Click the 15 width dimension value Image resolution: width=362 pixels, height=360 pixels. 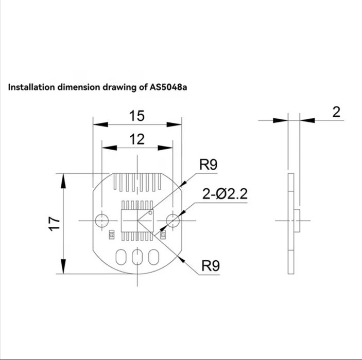[x=136, y=116]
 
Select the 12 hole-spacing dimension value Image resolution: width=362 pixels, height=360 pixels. [x=136, y=139]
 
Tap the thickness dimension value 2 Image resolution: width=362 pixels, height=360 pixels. [x=336, y=112]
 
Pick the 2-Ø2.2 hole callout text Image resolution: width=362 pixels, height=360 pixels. [x=225, y=194]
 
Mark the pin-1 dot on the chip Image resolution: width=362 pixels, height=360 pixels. [x=150, y=212]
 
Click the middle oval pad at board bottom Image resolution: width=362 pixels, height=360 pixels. [x=137, y=257]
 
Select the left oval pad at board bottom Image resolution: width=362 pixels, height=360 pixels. [x=122, y=257]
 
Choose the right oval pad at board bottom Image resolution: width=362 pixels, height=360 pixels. [x=153, y=257]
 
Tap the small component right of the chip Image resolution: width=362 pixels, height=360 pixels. [x=163, y=236]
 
